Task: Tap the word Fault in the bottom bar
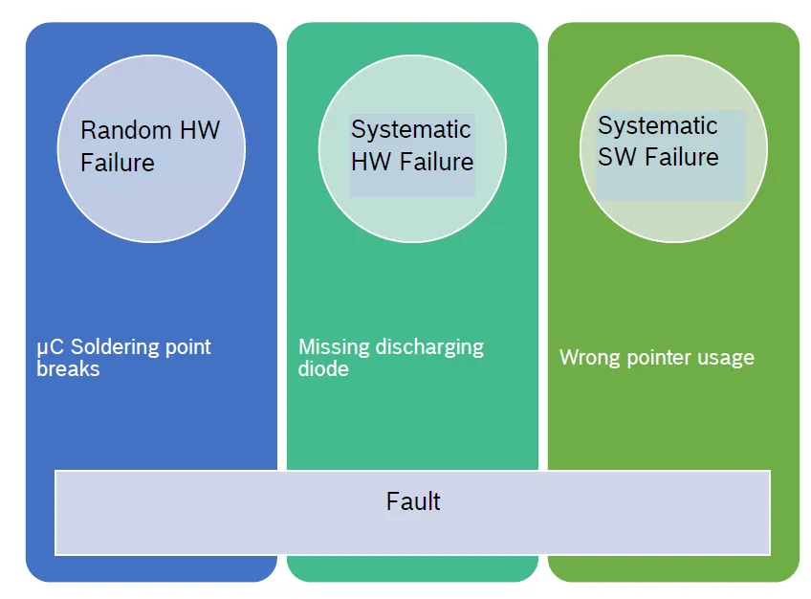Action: click(413, 501)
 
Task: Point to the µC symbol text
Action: click(49, 347)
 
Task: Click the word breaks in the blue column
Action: click(68, 368)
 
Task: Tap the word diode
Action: click(323, 368)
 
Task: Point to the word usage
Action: click(727, 359)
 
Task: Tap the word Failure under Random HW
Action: click(118, 163)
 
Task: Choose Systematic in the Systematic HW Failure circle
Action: click(410, 129)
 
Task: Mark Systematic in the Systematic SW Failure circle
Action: click(657, 125)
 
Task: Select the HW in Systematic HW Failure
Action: click(370, 162)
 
